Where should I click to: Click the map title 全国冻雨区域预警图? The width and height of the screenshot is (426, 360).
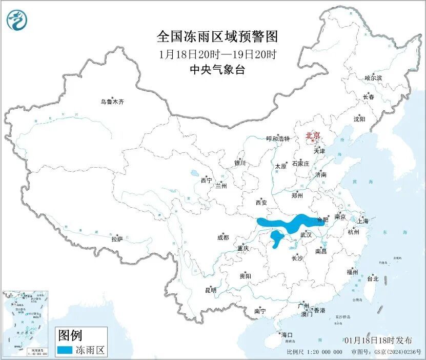tap(217, 37)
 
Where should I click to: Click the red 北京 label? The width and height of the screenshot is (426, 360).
tap(313, 136)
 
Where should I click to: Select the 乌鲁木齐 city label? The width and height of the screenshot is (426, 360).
tap(112, 102)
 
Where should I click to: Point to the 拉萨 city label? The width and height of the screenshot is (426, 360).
tap(117, 239)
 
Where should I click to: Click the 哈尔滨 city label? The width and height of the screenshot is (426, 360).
tap(373, 78)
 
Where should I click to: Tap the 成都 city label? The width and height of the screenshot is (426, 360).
tap(223, 237)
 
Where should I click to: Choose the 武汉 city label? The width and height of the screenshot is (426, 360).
tap(306, 234)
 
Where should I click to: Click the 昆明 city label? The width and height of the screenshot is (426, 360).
tap(211, 290)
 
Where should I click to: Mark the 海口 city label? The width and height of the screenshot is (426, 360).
tap(287, 335)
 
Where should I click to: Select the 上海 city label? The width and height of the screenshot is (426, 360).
tap(363, 222)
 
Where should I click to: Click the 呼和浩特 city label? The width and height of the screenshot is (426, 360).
tap(278, 139)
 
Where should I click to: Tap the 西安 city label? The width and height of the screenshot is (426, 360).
tap(261, 203)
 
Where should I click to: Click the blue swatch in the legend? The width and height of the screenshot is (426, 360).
tap(65, 350)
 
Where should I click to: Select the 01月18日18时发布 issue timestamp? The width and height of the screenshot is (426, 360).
tap(378, 340)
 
